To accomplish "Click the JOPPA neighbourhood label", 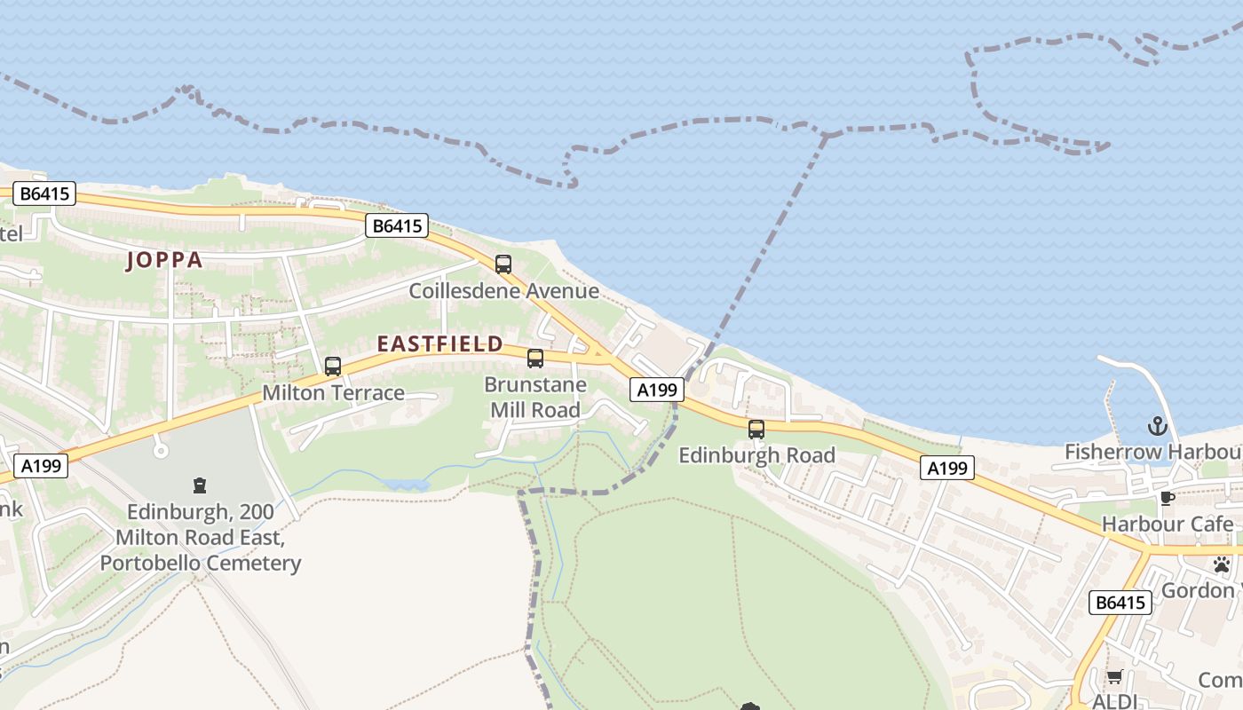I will [164, 260].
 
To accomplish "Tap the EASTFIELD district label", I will [440, 343].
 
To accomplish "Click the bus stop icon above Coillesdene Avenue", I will [503, 264].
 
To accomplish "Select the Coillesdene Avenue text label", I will [503, 291].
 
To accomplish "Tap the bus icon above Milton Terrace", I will [333, 366].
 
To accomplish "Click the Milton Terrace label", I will [333, 393].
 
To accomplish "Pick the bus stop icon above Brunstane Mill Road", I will [535, 359].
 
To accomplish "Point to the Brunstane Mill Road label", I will [535, 398].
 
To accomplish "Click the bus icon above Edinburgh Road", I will [756, 430].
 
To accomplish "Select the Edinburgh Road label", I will [756, 455].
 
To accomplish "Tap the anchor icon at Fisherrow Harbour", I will [1156, 426].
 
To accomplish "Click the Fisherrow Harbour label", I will [1152, 453].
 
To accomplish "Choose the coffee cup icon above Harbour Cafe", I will [1167, 498].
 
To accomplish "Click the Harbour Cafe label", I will [1167, 525].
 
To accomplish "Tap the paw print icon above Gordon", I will [1222, 564].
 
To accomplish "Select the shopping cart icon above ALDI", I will [1114, 677].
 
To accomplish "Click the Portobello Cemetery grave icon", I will [200, 485].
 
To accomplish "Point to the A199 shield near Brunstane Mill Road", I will [658, 389].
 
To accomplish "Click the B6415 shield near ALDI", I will [1120, 603].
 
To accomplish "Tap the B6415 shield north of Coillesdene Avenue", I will [397, 225].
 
